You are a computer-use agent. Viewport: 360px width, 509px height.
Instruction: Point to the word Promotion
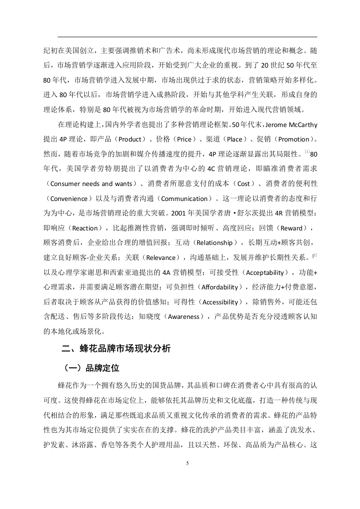coord(293,138)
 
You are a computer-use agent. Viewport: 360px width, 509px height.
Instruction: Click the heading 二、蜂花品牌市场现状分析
coord(116,349)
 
